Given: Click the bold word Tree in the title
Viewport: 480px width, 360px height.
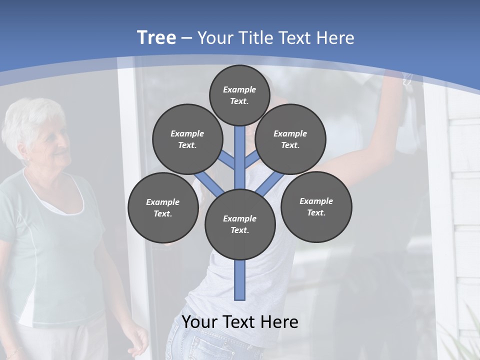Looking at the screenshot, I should (156, 37).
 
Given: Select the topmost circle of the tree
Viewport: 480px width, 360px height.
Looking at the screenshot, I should (239, 95).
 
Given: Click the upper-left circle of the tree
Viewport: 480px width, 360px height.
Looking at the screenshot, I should (187, 139).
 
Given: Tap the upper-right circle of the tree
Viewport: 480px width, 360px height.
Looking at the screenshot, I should (290, 139).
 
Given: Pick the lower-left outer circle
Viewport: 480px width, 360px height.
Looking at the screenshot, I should (162, 207).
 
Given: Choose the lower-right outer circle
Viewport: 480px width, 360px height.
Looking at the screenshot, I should (316, 206).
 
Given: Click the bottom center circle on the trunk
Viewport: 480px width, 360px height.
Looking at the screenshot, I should (240, 224).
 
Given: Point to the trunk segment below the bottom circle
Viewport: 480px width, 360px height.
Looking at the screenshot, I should (240, 280).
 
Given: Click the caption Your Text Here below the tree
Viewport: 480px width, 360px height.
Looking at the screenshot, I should (240, 322).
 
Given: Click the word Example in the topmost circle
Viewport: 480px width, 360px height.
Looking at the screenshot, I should (239, 89).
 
